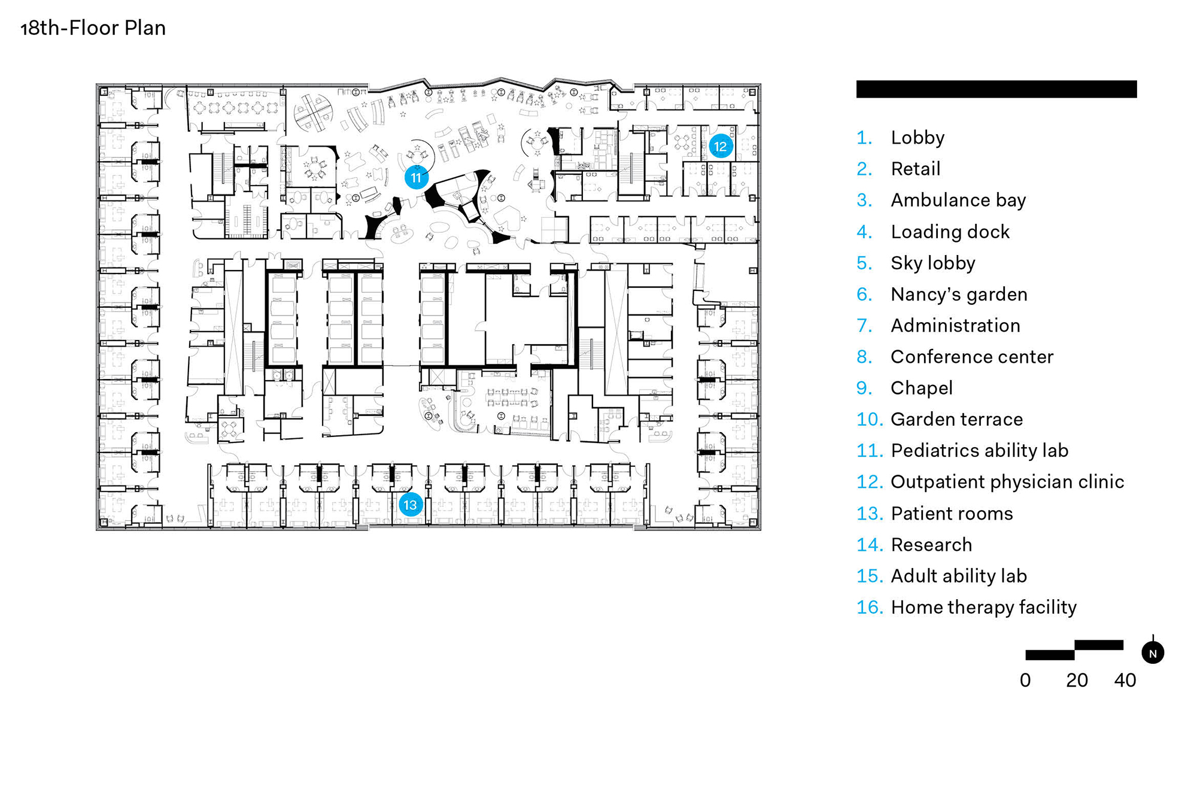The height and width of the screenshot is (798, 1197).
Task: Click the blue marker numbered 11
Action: click(416, 178)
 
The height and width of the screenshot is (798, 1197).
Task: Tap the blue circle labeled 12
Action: click(720, 146)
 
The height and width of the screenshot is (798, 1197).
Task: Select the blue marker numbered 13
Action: click(411, 505)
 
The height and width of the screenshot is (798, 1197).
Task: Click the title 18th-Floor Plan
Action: click(93, 28)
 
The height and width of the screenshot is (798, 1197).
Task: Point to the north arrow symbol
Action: click(1152, 652)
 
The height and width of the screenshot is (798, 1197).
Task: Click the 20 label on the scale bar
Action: click(1077, 680)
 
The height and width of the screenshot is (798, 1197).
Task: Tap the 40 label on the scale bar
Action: click(1125, 680)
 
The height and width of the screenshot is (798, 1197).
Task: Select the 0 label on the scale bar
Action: click(1025, 680)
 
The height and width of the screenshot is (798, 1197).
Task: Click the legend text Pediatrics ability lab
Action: click(979, 450)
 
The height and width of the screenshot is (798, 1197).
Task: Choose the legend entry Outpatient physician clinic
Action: click(1007, 481)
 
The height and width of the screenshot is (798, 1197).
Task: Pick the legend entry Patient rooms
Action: click(952, 513)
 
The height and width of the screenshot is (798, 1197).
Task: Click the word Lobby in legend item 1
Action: click(918, 138)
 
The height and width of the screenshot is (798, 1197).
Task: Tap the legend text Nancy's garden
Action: click(959, 294)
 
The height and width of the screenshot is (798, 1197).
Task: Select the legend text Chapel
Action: click(921, 388)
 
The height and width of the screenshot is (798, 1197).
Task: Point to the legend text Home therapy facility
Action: click(983, 607)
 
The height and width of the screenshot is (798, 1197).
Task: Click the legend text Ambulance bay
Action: click(958, 200)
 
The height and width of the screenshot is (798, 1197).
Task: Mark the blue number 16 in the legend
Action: click(869, 607)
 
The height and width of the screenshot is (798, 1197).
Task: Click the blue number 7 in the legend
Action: click(864, 325)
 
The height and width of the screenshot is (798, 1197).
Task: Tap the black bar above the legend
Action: click(996, 89)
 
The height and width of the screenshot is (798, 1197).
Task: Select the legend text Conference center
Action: click(972, 357)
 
